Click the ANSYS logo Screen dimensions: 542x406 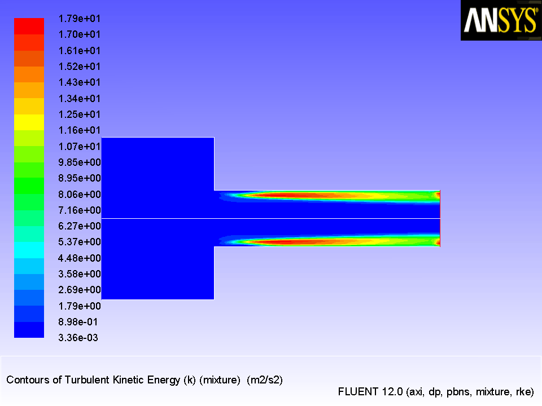click(x=501, y=20)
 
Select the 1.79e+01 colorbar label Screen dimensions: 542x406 click(x=79, y=19)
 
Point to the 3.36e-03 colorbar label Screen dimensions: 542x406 click(x=78, y=338)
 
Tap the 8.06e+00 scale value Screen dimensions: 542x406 click(x=80, y=195)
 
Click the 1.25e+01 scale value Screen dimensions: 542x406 click(x=79, y=114)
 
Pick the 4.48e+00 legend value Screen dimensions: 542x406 click(x=80, y=258)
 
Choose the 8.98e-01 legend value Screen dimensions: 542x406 click(x=78, y=322)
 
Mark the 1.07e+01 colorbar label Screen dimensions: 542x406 click(x=79, y=147)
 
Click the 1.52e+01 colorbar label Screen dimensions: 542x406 click(x=79, y=67)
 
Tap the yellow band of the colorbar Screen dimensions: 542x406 click(x=29, y=122)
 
